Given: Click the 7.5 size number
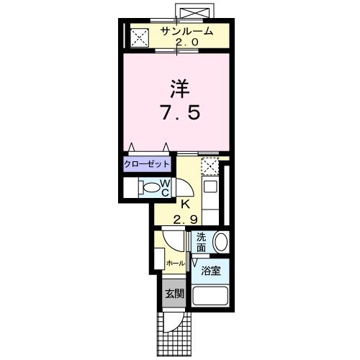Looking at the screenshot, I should (x=180, y=113).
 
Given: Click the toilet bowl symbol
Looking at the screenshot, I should (x=150, y=189).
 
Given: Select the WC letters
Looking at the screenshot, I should (x=165, y=189).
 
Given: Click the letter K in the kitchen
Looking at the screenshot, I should (x=185, y=204).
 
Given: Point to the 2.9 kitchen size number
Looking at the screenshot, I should (x=185, y=218).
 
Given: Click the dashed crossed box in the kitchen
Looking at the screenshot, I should (x=210, y=166).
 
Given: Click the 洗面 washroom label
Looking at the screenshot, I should (x=201, y=241).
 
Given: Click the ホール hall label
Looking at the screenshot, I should (x=175, y=264).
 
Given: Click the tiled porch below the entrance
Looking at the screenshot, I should (x=173, y=335).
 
